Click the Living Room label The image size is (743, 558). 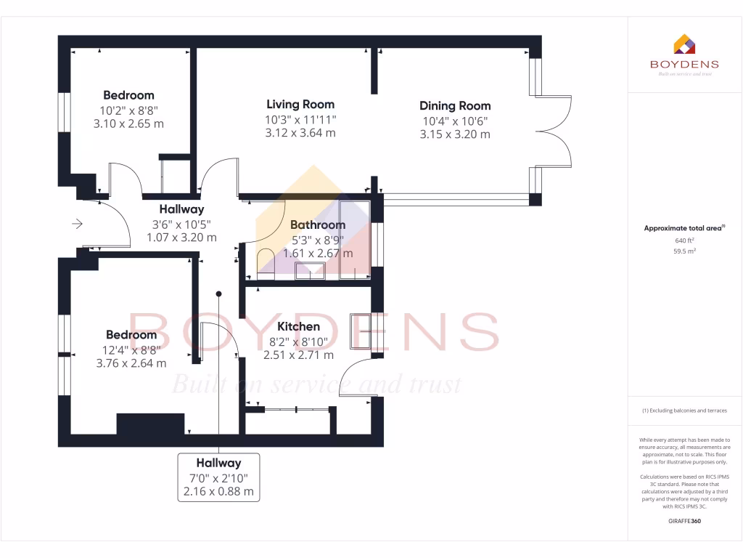300,104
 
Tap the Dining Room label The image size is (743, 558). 456,105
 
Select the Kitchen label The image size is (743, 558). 298,327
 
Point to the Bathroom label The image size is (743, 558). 317,225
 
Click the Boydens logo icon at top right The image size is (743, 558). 684,44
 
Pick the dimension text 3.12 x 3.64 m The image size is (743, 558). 300,133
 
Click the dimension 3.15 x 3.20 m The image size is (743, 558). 456,134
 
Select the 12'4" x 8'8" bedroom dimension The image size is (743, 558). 131,349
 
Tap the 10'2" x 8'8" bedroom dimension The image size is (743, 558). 128,110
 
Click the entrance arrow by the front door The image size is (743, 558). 77,225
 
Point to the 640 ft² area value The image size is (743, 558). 684,240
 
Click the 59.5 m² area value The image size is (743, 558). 684,251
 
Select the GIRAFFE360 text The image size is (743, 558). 684,521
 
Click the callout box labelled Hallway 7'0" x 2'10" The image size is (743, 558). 218,477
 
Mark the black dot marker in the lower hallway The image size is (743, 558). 218,294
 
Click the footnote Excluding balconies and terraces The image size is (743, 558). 684,411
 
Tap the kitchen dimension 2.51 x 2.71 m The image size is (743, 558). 298,355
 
